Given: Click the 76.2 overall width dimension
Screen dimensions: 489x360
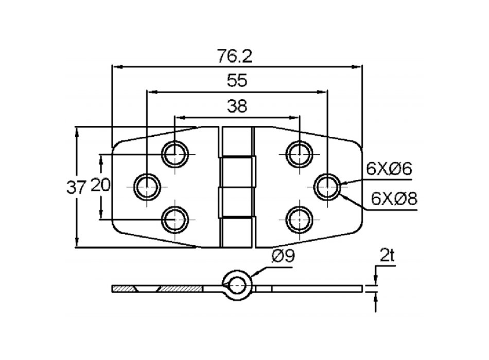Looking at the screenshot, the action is pos(234,57).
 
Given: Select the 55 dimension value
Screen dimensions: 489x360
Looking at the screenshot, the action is pos(237,80).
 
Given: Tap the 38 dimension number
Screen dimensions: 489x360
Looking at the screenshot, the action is pos(237,106).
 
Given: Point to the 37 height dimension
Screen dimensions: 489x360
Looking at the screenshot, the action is pos(76,188).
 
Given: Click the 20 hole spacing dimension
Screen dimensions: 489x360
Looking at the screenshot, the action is pos(100,186).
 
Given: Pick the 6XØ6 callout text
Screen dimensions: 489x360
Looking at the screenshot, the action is pos(389,169).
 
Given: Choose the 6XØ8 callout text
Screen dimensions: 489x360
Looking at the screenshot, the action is pos(394,199).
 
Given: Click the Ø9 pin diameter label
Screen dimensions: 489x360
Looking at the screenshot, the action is pos(283,256).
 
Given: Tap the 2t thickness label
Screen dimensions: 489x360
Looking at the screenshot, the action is pos(387,256).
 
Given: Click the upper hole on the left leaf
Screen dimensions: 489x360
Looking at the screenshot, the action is pos(175,154).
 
